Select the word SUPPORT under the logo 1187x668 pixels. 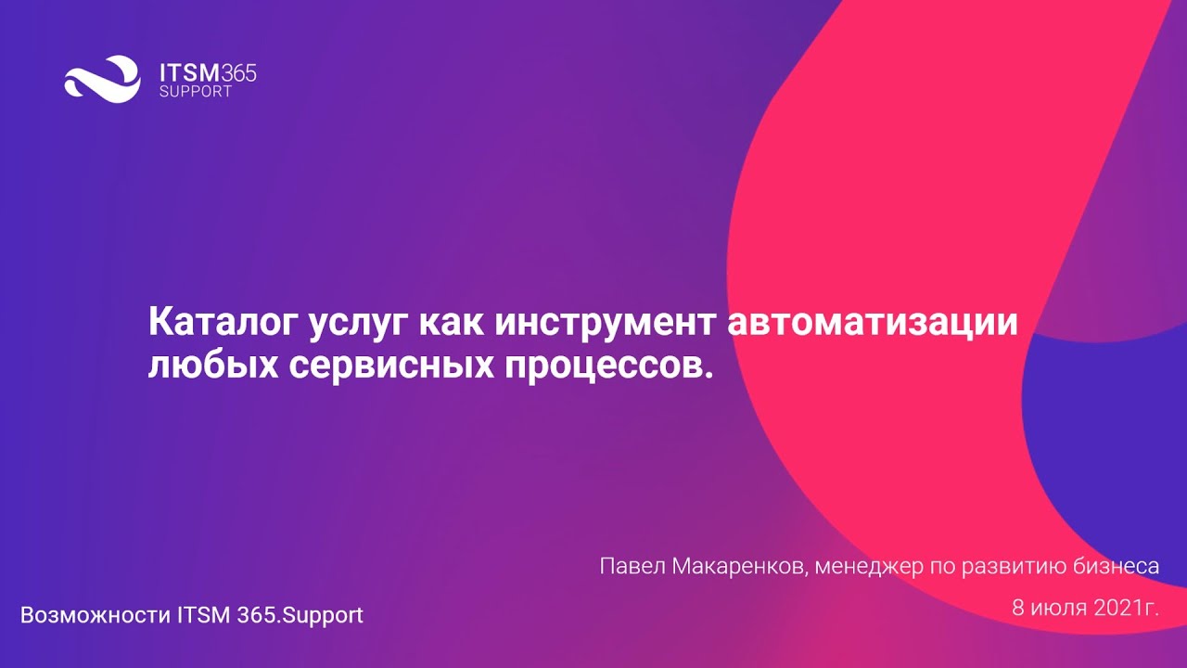pos(196,93)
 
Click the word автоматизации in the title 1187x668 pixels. pos(873,324)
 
